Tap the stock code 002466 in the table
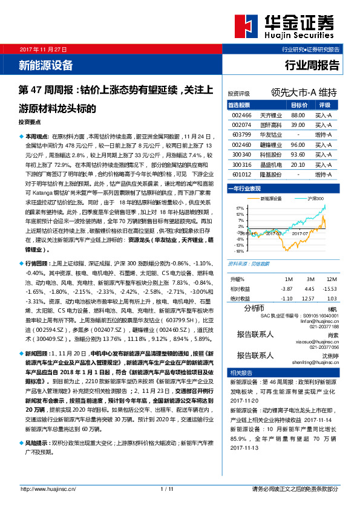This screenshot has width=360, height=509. point(241,115)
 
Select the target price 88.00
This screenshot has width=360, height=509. point(297,115)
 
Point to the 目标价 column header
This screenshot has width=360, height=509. point(297,105)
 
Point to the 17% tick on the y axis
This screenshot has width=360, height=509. point(240,207)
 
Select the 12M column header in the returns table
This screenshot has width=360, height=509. point(330,279)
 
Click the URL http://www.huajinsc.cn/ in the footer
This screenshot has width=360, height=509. point(48,488)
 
